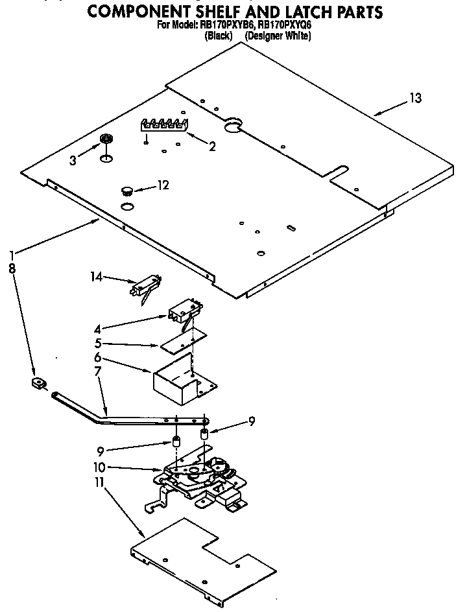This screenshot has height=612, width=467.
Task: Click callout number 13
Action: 414,98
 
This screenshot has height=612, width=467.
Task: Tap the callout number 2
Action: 211,146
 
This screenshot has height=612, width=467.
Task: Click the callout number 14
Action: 97,277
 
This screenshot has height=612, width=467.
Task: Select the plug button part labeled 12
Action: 127,190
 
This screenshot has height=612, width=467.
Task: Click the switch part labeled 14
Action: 147,287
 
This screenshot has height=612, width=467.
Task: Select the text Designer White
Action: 278,36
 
